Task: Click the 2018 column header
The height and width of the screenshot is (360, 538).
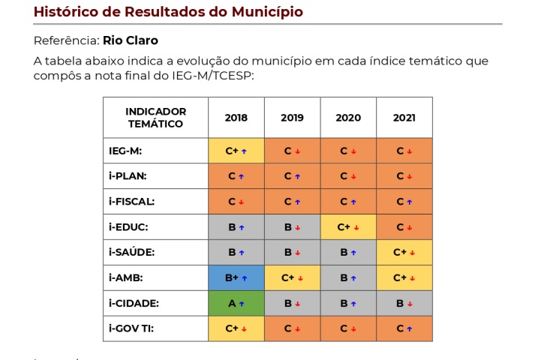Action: [236, 118]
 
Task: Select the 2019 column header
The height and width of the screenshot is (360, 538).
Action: [292, 118]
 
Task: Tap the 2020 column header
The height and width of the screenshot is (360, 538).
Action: [348, 118]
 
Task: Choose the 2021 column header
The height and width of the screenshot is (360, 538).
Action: [404, 118]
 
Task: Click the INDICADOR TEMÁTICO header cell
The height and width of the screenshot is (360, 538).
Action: [155, 118]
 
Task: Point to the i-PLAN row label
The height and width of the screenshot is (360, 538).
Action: [128, 176]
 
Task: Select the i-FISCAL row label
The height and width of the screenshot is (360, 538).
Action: [132, 202]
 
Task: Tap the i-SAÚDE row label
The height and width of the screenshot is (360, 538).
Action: [131, 253]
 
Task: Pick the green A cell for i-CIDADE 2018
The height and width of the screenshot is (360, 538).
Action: [236, 304]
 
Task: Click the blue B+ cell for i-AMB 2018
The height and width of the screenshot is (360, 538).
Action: [236, 278]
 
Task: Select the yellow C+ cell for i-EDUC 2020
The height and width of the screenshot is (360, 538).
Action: [348, 227]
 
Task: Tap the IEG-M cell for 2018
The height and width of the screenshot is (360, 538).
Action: [236, 151]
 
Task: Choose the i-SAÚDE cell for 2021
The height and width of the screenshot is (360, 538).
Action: [404, 253]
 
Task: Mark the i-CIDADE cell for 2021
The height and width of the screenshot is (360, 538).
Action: [404, 304]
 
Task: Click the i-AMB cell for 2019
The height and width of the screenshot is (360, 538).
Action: [292, 278]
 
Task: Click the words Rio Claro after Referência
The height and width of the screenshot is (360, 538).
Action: [131, 40]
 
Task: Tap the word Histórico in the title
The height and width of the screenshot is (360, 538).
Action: [68, 12]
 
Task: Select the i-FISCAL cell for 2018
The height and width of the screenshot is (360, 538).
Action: [236, 202]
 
